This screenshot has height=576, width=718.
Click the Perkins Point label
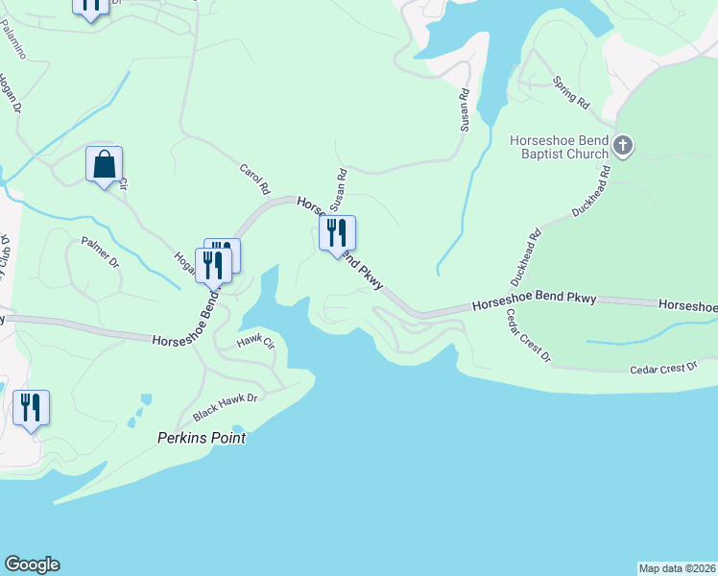click(202, 438)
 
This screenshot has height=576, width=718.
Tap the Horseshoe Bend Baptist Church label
click(560, 147)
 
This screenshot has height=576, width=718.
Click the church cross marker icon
click(623, 147)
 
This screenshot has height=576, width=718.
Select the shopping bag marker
click(104, 164)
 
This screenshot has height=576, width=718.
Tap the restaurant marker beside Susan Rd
click(337, 233)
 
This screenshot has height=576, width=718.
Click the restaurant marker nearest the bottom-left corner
click(31, 408)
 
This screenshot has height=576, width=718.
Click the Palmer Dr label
click(100, 252)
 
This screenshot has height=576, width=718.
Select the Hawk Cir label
click(255, 340)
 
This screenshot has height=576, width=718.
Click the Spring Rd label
click(571, 91)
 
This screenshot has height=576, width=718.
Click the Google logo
click(32, 564)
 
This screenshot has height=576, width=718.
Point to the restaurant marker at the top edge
click(89, 6)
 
